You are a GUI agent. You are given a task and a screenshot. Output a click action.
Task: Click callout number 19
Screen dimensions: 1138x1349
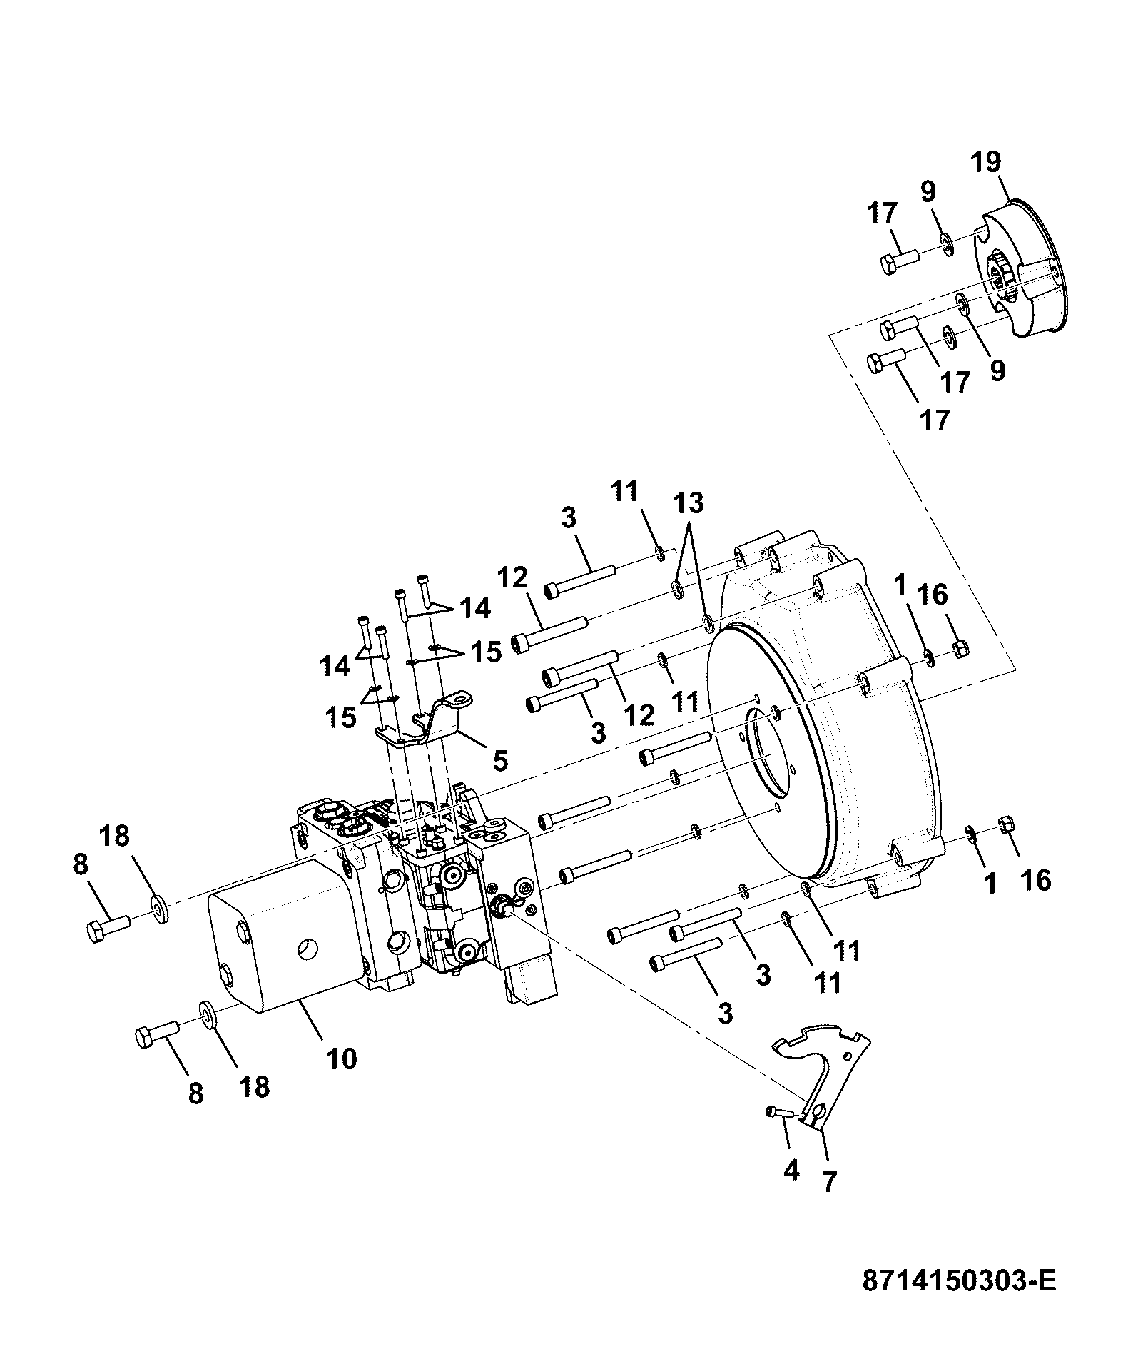coord(985,162)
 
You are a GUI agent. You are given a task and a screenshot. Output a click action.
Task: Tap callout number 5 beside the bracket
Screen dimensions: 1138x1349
coord(500,761)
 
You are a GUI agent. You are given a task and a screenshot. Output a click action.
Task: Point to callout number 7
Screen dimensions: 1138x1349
coord(828,1182)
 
